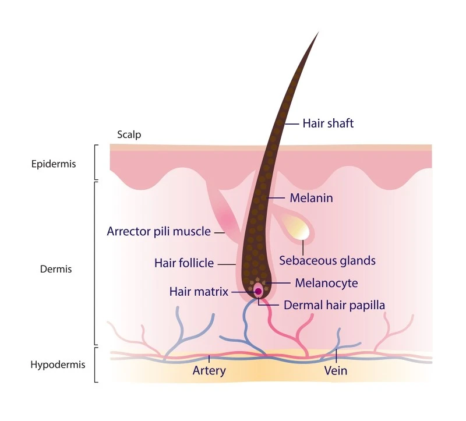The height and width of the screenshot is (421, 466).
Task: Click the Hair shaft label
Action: coord(328,123)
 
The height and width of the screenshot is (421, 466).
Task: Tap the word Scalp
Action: coord(129,135)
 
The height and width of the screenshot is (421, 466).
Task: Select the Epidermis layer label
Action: coord(54,164)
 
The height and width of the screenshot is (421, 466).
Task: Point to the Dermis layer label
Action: coord(56,269)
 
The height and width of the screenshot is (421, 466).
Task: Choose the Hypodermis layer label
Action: coord(58,365)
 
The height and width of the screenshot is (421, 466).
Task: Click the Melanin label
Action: coord(311,198)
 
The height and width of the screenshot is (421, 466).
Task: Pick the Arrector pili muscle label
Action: coord(158,231)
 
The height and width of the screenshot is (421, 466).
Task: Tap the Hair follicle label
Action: coord(184,263)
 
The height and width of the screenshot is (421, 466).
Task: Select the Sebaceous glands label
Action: coord(327,260)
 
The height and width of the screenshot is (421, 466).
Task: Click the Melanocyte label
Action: coord(326,283)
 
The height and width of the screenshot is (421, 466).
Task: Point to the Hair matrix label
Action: coord(199,292)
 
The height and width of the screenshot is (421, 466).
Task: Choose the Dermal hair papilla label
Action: coord(334,306)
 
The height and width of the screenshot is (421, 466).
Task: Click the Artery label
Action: coord(209,371)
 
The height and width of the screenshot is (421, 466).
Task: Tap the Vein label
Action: coord(336,371)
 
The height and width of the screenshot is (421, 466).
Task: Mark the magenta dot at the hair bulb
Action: coord(259,292)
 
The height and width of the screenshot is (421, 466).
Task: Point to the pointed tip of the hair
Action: coord(319,32)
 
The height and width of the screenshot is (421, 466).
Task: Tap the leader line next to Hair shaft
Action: coord(292,123)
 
